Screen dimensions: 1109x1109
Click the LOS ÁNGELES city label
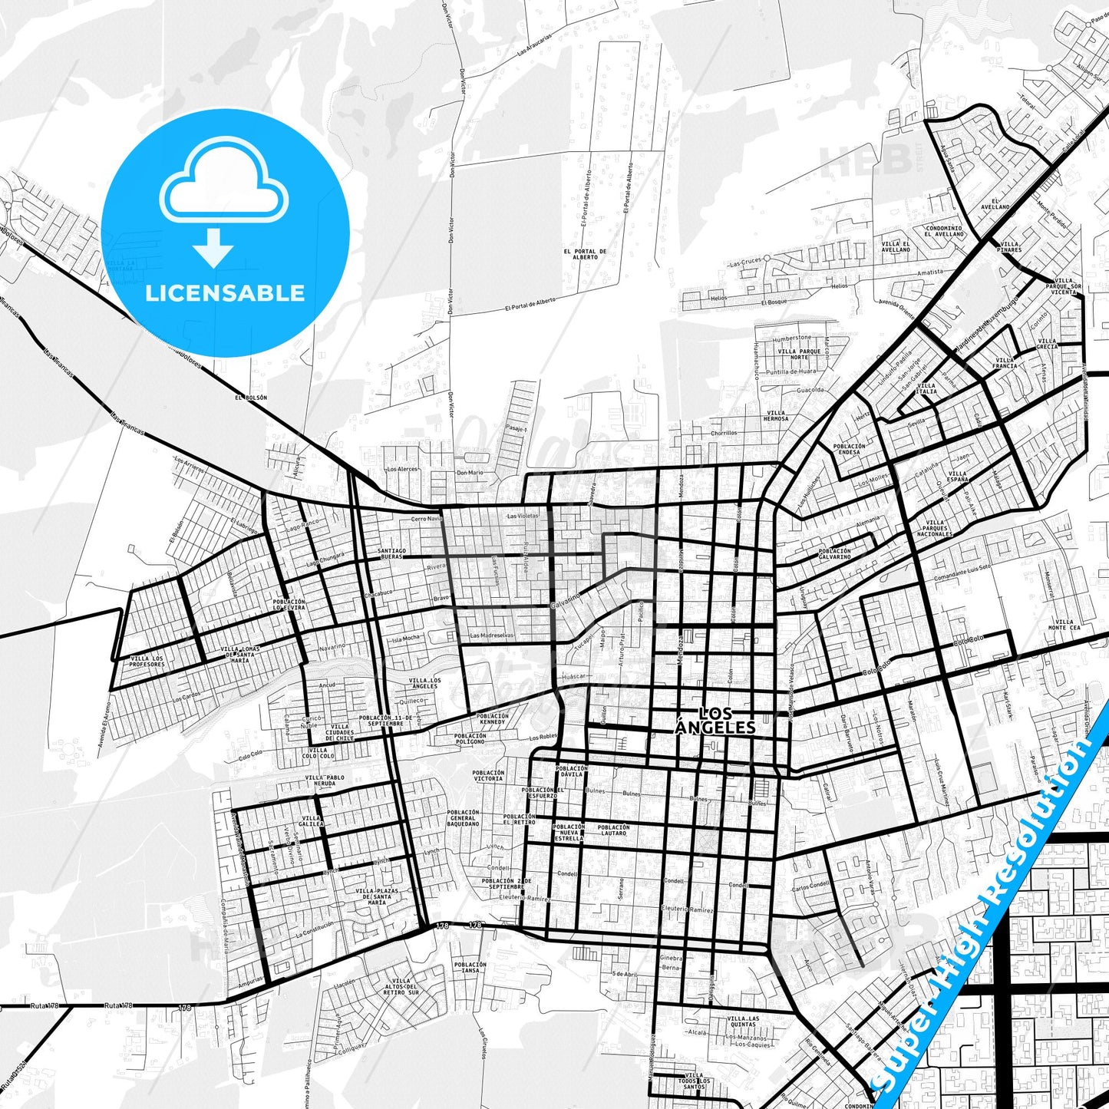[715, 720]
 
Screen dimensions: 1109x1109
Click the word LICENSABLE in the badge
[225, 292]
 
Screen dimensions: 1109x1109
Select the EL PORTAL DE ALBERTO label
[585, 254]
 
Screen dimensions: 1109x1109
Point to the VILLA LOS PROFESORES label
[147, 661]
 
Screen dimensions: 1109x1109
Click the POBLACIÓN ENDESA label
[849, 449]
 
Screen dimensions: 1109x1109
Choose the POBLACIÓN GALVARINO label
[834, 553]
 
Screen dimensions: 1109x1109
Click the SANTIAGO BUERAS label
[390, 553]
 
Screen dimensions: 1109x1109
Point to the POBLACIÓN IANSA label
[470, 967]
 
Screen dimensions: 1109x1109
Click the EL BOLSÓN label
[252, 398]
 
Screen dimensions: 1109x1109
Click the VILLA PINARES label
[1009, 247]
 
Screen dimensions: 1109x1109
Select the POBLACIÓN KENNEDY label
[492, 719]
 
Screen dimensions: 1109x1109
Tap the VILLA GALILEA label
[312, 820]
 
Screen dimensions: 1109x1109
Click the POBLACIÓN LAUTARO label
[614, 830]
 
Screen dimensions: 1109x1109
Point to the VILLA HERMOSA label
[776, 416]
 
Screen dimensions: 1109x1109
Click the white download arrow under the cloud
[214, 247]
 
